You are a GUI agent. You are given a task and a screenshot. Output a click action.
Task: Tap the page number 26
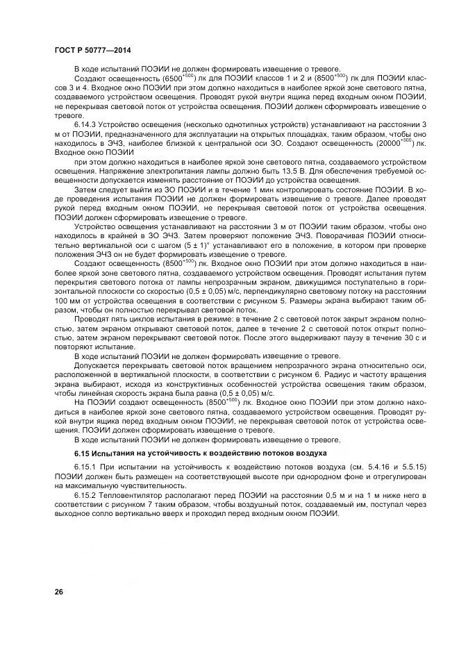[x=59, y=591]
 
